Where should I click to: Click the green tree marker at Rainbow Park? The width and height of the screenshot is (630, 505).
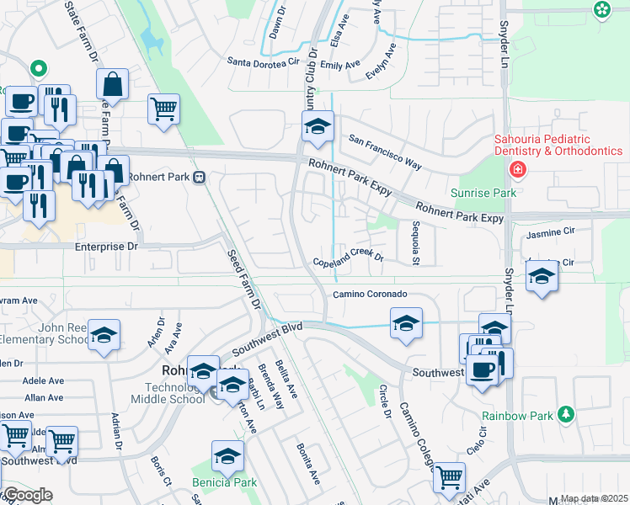567,414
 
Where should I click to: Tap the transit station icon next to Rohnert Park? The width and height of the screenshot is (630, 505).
200,178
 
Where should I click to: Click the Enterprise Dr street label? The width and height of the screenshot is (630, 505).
106,247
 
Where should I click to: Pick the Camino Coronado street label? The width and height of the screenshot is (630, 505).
370,294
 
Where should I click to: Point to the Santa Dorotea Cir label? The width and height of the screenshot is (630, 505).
264,61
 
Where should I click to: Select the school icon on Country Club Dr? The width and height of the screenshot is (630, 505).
318,128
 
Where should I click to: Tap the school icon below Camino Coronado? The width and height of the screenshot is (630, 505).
406,322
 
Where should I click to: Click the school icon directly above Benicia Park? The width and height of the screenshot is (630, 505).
227,456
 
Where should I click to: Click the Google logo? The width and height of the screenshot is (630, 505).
27,495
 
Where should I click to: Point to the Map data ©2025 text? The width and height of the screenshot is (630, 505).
594,499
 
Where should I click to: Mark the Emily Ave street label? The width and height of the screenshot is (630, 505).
340,65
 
